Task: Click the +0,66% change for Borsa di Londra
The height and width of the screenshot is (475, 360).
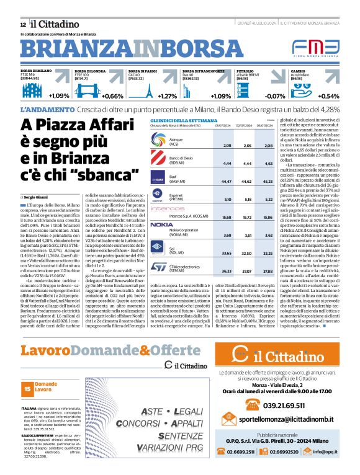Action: coord(113,96)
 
